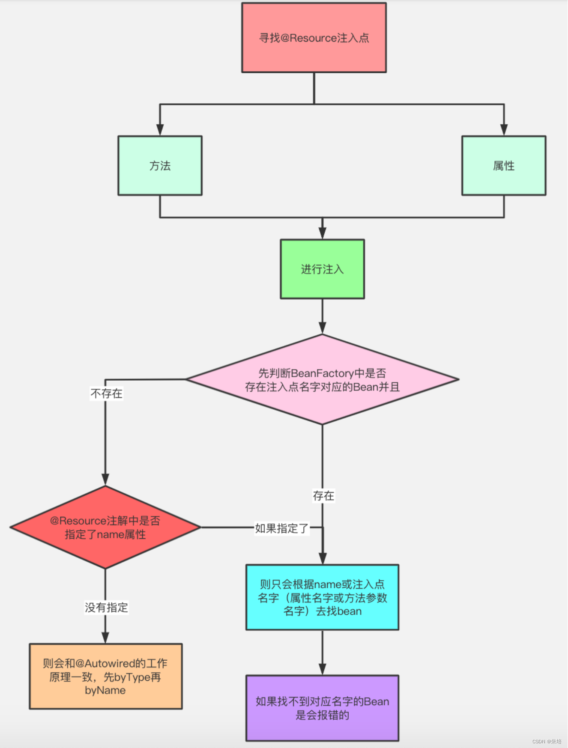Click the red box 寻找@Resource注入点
[314, 38]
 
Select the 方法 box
[160, 166]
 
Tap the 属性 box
[503, 166]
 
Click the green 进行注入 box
[322, 269]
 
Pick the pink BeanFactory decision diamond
[322, 380]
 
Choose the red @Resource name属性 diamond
[105, 527]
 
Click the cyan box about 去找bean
[322, 597]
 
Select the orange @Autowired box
[105, 676]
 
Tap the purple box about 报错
[322, 708]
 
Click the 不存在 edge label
[106, 393]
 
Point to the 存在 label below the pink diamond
[323, 496]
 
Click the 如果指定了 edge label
[282, 528]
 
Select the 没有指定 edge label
[106, 608]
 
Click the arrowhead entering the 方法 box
[160, 130]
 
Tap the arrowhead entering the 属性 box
[504, 130]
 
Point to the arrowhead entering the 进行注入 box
[322, 233]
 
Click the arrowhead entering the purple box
[322, 669]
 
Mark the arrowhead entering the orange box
[105, 637]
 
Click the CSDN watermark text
[547, 741]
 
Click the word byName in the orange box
[105, 690]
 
